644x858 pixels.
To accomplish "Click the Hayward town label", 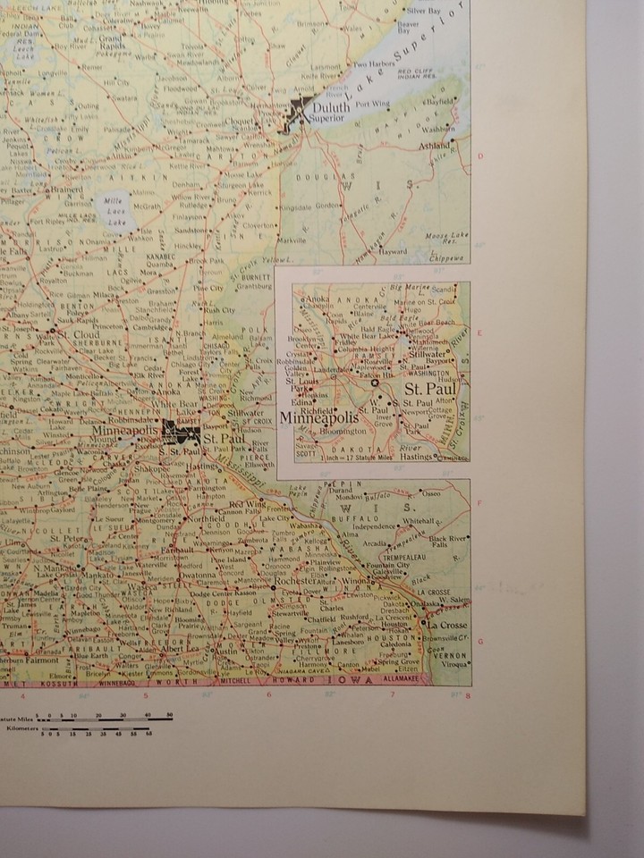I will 391,252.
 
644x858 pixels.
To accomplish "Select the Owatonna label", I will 197,576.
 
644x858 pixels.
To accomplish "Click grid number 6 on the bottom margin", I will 267,695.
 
